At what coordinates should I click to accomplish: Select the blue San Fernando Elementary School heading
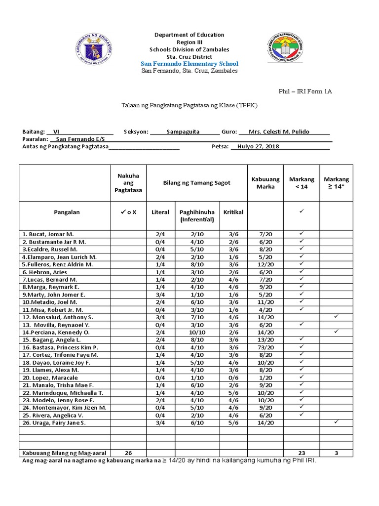tap(189, 64)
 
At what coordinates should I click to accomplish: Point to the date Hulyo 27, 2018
tap(258, 147)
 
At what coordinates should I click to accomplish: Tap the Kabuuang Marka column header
tap(265, 183)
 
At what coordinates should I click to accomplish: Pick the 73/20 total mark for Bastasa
tap(265, 347)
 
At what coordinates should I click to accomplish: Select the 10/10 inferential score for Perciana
tap(196, 332)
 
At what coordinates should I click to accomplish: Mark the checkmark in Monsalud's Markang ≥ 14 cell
tap(336, 316)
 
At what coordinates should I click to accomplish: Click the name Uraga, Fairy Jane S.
tap(54, 423)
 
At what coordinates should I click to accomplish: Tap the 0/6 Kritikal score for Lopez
tap(234, 378)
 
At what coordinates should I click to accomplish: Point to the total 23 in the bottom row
tap(302, 453)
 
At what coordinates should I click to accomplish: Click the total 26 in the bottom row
tap(128, 453)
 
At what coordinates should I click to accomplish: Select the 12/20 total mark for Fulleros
tap(265, 264)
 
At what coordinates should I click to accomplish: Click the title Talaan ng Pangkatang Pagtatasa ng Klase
tap(189, 106)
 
